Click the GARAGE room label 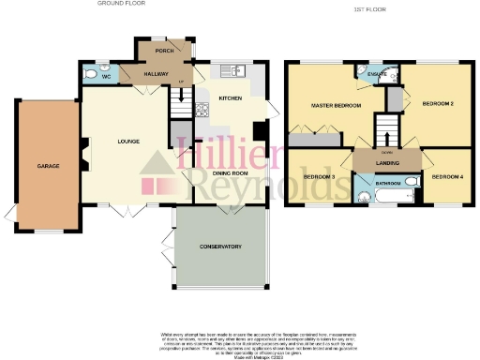click(x=49, y=166)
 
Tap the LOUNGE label click(x=128, y=142)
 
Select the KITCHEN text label click(x=231, y=97)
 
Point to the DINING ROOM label click(x=229, y=172)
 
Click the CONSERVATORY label click(x=221, y=247)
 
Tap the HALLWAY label click(x=156, y=74)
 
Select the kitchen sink click(x=232, y=70)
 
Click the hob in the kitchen click(x=202, y=109)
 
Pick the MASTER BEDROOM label click(x=336, y=105)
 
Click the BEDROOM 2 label click(x=439, y=103)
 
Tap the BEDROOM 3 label click(x=320, y=176)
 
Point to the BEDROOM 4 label click(x=448, y=176)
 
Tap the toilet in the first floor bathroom click(x=363, y=197)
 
